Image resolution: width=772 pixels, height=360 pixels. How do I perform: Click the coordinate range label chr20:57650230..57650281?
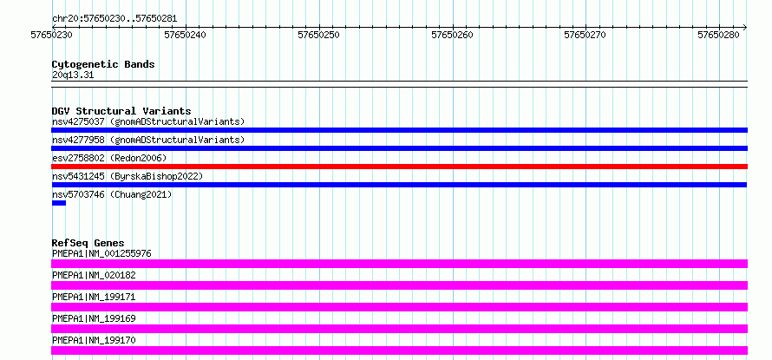click(x=114, y=19)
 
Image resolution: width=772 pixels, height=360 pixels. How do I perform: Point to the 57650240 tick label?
click(x=186, y=35)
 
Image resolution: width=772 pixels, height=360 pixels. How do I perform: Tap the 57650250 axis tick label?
click(x=319, y=35)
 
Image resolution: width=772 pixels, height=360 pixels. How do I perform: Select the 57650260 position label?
click(x=453, y=35)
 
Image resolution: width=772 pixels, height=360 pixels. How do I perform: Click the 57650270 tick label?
click(x=586, y=35)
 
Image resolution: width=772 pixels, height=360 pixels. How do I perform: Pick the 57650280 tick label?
click(x=719, y=35)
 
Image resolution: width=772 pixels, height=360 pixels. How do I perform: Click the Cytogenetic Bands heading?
click(x=103, y=64)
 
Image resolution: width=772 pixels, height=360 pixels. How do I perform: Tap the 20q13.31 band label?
click(x=73, y=75)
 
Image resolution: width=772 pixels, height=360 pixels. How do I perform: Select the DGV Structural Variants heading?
click(x=121, y=111)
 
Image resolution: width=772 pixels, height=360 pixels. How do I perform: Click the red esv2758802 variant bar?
click(x=399, y=167)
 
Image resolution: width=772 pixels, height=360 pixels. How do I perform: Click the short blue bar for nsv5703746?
click(x=59, y=203)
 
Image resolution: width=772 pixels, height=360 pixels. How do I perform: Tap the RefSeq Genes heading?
click(x=88, y=243)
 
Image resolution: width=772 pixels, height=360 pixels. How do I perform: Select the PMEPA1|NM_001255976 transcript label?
click(x=101, y=253)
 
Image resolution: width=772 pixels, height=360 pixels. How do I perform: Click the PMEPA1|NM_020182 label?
click(x=94, y=275)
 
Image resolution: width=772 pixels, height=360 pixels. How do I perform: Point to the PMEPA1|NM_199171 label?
click(x=94, y=297)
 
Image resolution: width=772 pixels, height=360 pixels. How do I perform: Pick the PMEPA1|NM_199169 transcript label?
click(x=94, y=318)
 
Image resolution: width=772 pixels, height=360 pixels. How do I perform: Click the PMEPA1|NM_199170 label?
click(x=94, y=340)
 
